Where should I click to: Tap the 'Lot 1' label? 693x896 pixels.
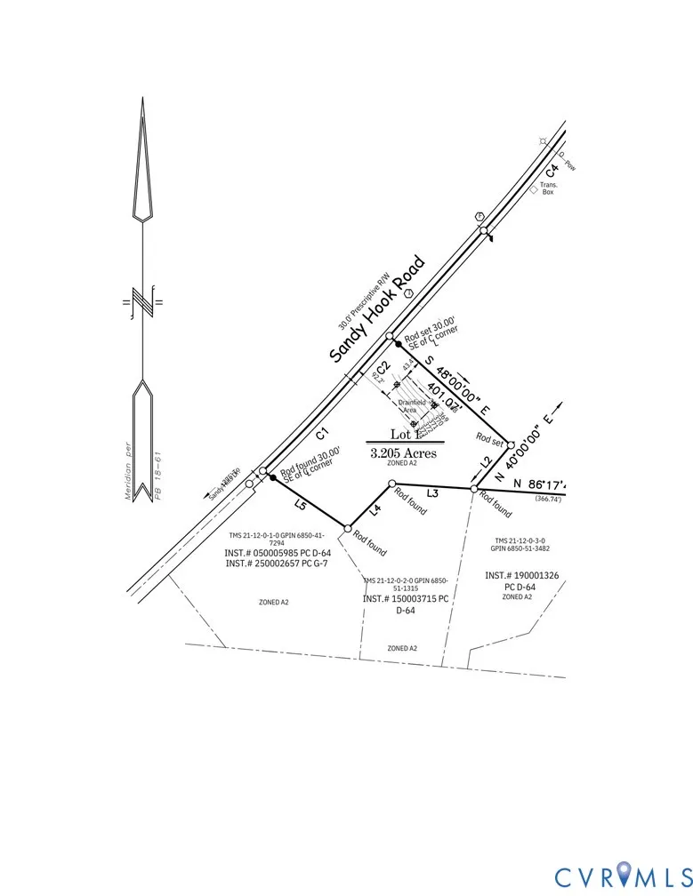pos(404,435)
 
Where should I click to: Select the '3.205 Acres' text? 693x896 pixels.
pos(404,452)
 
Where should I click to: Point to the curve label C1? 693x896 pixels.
pos(322,434)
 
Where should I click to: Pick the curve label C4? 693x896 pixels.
pos(552,169)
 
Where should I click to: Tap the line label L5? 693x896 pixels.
pos(301,507)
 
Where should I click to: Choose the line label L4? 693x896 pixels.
pos(375,509)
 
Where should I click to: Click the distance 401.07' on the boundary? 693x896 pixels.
pos(442,396)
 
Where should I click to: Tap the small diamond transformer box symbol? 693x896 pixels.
pos(533,190)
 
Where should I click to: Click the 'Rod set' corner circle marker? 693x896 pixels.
pos(511,444)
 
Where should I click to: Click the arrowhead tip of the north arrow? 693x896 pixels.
pos(141,100)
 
